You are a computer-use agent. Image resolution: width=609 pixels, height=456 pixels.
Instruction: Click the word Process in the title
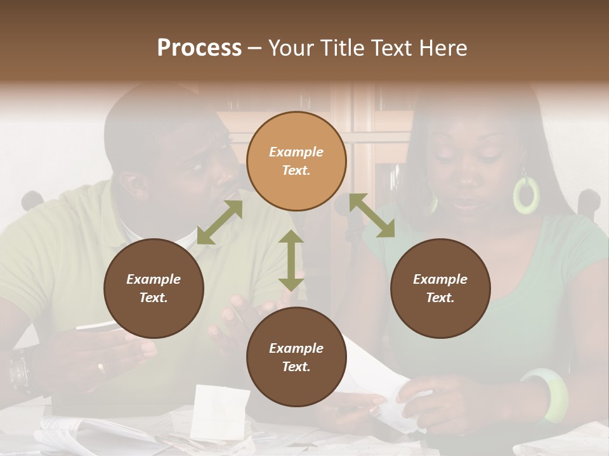pyautogui.click(x=199, y=48)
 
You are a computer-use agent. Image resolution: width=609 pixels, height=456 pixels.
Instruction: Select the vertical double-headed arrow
pyautogui.click(x=291, y=260)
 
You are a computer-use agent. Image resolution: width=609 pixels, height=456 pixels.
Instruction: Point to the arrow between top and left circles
pyautogui.click(x=219, y=222)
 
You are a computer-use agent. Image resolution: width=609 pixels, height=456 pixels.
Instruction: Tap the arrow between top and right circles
pyautogui.click(x=372, y=215)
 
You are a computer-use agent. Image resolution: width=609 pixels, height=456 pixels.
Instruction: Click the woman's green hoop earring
pyautogui.click(x=526, y=194)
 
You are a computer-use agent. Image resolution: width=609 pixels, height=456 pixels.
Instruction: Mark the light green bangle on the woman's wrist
pyautogui.click(x=546, y=395)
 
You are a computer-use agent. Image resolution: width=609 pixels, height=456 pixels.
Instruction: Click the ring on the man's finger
pyautogui.click(x=101, y=367)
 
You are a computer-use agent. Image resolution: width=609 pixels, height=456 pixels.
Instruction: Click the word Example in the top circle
pyautogui.click(x=296, y=152)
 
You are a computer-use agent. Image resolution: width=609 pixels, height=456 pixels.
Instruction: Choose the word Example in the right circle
pyautogui.click(x=440, y=279)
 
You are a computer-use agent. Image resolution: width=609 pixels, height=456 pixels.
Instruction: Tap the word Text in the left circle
pyautogui.click(x=153, y=298)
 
